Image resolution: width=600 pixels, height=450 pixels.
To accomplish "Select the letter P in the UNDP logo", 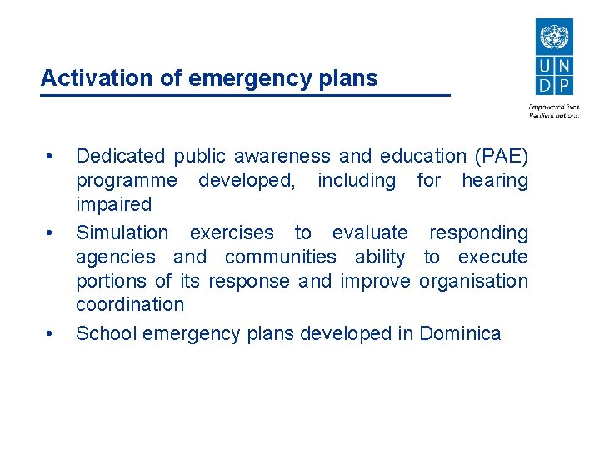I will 564,84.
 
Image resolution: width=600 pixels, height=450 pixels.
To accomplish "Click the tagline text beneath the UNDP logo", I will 554,111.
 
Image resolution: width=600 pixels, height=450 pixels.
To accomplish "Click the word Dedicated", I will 121,156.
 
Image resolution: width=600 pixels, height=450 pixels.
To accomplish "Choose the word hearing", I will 495,181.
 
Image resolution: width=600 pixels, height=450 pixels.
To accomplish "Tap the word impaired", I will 113,205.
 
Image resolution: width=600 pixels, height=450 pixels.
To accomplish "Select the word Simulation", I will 122,232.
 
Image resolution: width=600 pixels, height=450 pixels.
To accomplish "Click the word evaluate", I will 370,232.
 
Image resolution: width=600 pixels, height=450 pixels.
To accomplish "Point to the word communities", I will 281,257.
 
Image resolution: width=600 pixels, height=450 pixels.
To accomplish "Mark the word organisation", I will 473,281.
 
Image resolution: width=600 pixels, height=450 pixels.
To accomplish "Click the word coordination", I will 129,304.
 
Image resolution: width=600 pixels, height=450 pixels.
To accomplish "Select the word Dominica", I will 460,334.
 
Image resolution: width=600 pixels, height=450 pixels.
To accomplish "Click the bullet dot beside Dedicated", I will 51,157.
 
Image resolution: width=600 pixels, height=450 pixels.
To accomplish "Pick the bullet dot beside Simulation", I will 51,233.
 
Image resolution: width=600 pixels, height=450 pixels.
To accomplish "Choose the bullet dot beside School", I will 51,335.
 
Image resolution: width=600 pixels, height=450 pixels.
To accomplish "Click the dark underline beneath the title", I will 245,95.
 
